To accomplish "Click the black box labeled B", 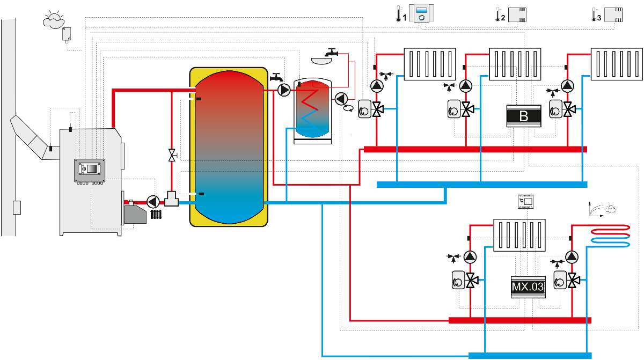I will pyautogui.click(x=524, y=116).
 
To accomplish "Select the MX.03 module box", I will pyautogui.click(x=528, y=287).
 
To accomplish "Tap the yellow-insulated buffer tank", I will pyautogui.click(x=229, y=146).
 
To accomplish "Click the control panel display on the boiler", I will pyautogui.click(x=90, y=168).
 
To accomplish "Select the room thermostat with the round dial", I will pyautogui.click(x=421, y=13).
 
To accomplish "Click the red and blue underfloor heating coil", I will pyautogui.click(x=610, y=236).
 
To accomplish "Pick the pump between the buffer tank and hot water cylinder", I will pyautogui.click(x=284, y=90).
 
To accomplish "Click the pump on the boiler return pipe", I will pyautogui.click(x=153, y=202).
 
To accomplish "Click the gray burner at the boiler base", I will pyautogui.click(x=135, y=215).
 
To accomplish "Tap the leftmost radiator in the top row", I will pyautogui.click(x=430, y=64).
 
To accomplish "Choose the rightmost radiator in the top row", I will pyautogui.click(x=617, y=64).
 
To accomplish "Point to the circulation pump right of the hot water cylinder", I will pyautogui.click(x=341, y=98).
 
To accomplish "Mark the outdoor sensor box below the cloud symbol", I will pyautogui.click(x=67, y=35).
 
